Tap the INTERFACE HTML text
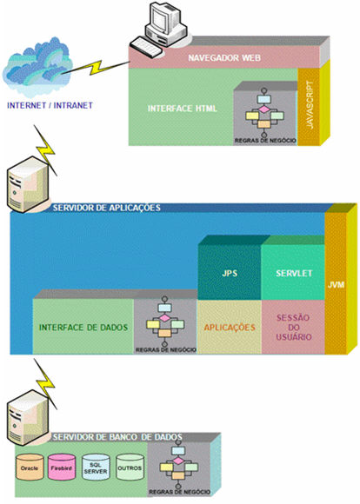pyautogui.click(x=182, y=109)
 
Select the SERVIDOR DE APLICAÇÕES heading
pyautogui.click(x=107, y=209)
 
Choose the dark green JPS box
pyautogui.click(x=230, y=273)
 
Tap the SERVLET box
pyautogui.click(x=291, y=273)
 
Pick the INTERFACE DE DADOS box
pyautogui.click(x=83, y=327)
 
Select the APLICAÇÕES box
pyautogui.click(x=230, y=327)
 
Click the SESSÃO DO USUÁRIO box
pyautogui.click(x=291, y=327)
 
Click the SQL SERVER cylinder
pyautogui.click(x=97, y=468)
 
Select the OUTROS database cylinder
pyautogui.click(x=130, y=468)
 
